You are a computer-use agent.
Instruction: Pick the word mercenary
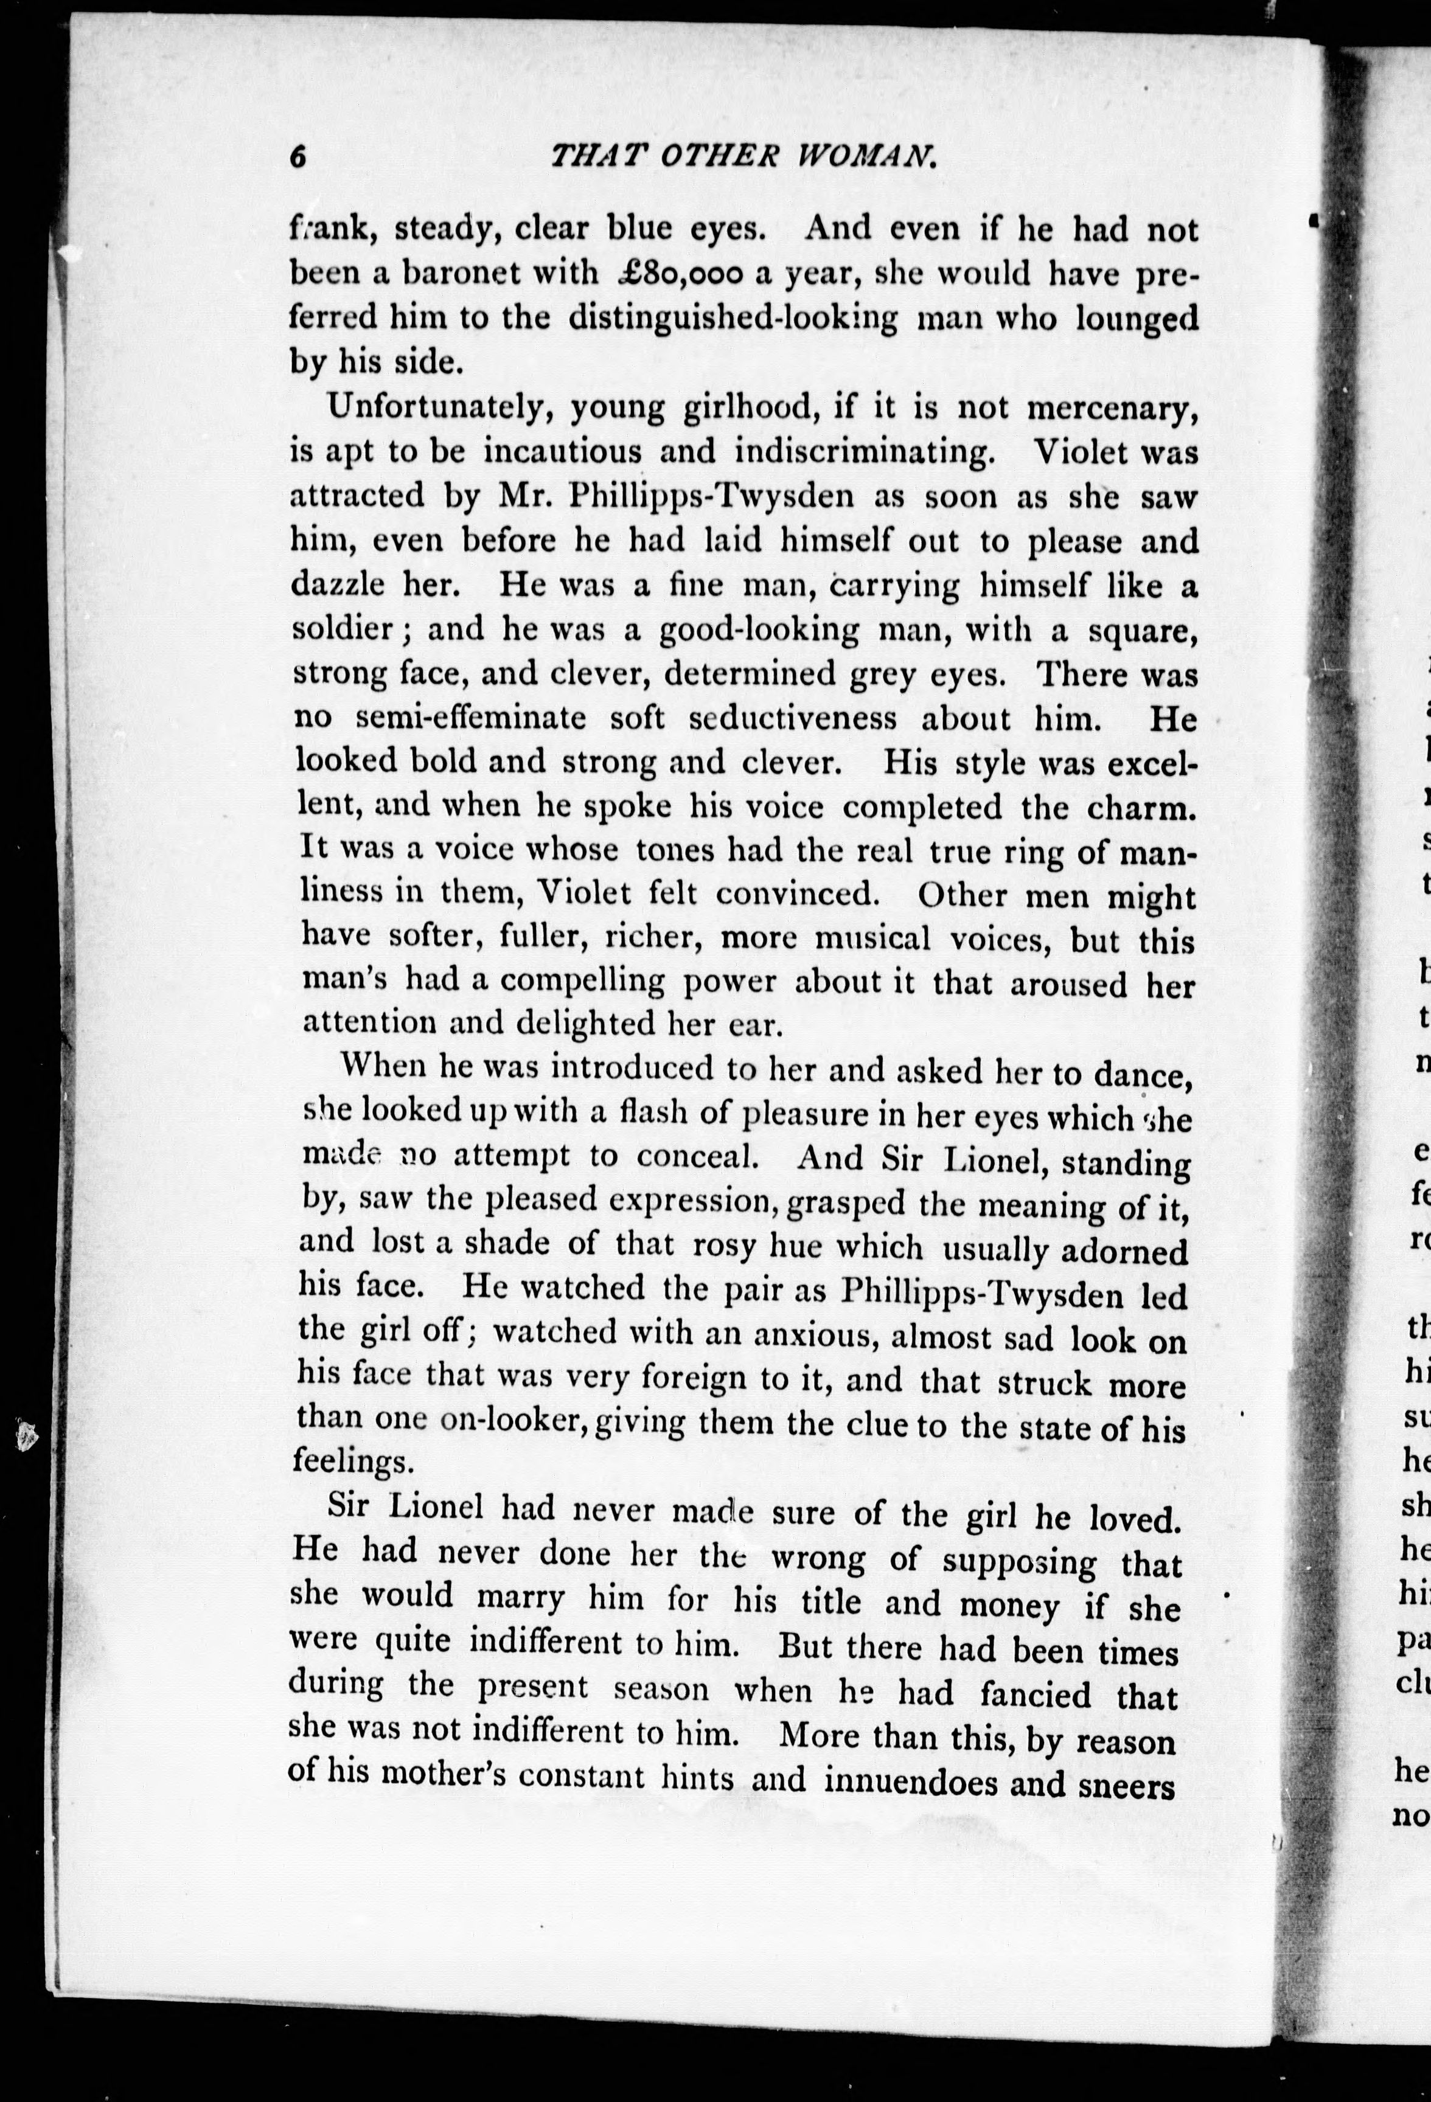coord(1112,408)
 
